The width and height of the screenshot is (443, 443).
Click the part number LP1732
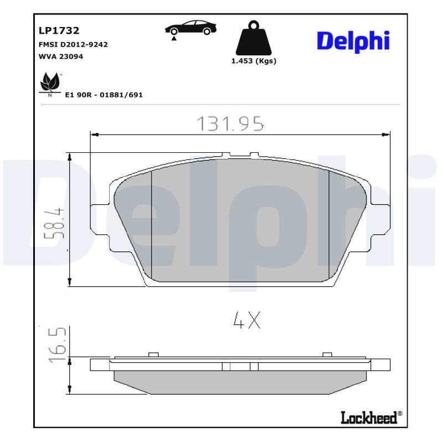tap(59, 31)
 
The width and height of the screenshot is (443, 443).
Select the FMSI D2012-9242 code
tap(73, 44)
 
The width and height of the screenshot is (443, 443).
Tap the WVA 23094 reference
tap(61, 56)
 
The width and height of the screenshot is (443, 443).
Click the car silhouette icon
tap(190, 28)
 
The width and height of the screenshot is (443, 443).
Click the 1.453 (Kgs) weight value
tap(254, 61)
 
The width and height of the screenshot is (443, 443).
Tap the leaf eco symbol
tap(50, 83)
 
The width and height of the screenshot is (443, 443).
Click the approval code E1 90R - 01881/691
tap(104, 95)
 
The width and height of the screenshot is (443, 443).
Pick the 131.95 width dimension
tap(230, 124)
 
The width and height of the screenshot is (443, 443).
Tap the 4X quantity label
tap(246, 321)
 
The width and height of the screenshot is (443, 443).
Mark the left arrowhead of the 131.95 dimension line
tap(94, 134)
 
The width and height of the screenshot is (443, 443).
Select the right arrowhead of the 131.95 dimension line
tap(387, 134)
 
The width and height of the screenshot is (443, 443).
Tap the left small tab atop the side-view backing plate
tap(154, 354)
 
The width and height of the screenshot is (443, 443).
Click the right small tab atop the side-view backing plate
tap(327, 354)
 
